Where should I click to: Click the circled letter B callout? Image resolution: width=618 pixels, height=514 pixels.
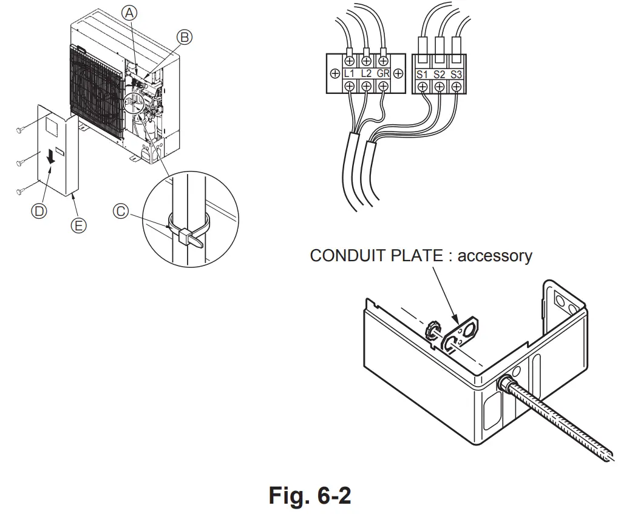click(185, 37)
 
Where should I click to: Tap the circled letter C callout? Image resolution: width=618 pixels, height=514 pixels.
click(121, 211)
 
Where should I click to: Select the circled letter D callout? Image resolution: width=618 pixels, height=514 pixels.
click(39, 211)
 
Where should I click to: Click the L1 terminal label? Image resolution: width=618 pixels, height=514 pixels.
click(349, 73)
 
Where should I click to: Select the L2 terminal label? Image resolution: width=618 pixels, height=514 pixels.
click(366, 73)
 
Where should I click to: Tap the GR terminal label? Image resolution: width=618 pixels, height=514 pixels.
click(383, 73)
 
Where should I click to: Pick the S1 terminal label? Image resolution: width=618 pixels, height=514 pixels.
click(422, 74)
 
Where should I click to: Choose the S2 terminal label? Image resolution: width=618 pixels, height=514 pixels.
click(439, 74)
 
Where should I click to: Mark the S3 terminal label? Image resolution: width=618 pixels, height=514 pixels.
click(456, 74)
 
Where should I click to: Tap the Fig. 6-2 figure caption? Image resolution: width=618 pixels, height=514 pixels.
click(310, 495)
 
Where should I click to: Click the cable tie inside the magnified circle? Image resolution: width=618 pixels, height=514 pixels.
click(185, 233)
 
